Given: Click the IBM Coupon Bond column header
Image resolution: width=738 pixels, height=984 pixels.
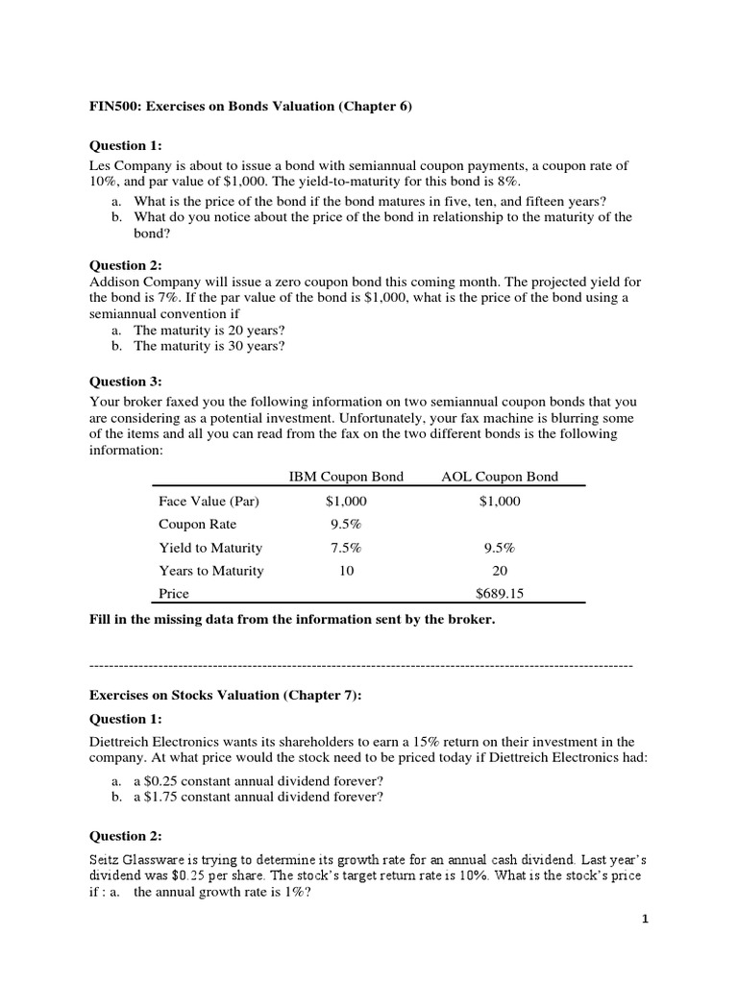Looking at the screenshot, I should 346,477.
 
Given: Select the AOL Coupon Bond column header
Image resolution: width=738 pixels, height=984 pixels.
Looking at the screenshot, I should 499,477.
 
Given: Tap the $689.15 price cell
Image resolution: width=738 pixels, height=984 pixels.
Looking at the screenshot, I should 499,594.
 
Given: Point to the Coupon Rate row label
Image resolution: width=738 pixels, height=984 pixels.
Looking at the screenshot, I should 197,525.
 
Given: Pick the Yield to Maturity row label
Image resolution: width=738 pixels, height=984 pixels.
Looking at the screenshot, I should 210,548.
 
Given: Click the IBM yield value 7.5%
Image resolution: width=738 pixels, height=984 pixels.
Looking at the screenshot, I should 346,548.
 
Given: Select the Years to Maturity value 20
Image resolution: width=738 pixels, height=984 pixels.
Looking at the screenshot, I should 499,571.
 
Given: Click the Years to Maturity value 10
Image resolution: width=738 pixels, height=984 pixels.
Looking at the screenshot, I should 346,571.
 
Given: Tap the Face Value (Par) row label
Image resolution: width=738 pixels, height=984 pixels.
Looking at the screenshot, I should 209,501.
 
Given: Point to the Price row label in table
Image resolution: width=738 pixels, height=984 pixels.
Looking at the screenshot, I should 174,594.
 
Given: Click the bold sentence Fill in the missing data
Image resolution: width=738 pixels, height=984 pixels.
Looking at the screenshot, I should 292,620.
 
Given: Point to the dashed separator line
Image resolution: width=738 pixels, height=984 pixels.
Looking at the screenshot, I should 360,665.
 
